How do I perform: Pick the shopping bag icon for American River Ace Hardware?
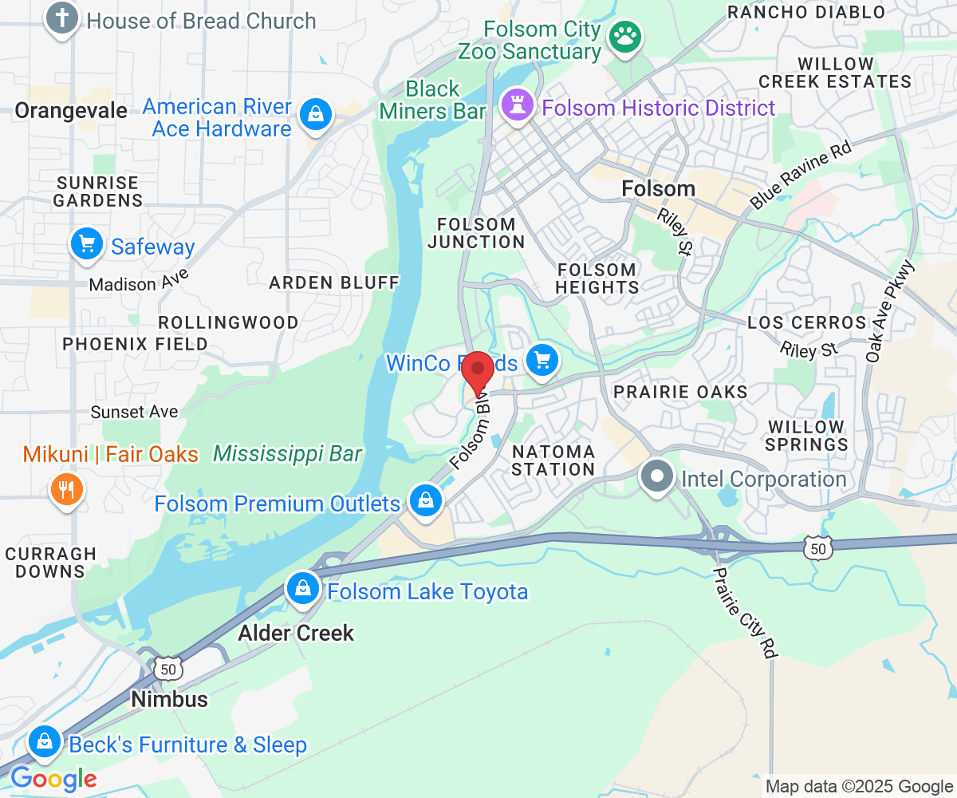(x=316, y=116)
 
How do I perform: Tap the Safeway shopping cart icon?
(x=87, y=244)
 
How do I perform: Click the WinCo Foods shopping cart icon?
(x=543, y=361)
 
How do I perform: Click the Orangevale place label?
(x=71, y=111)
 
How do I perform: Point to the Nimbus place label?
(x=170, y=699)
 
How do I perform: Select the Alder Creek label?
(x=296, y=633)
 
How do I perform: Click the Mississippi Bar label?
(x=287, y=454)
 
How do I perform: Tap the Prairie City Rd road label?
(x=744, y=613)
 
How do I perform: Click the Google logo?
(x=53, y=778)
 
